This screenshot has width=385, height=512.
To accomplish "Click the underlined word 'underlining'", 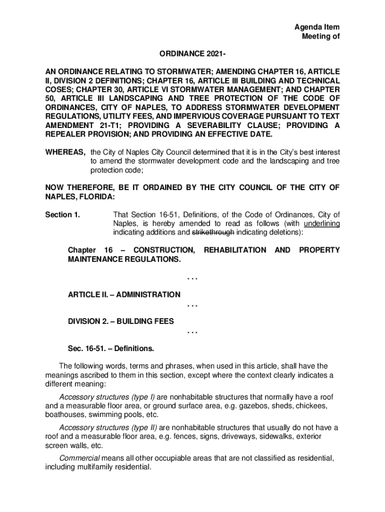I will [321, 224].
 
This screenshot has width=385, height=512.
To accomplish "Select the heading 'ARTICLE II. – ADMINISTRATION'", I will [124, 295].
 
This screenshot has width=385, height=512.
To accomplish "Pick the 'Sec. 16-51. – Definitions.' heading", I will [111, 347].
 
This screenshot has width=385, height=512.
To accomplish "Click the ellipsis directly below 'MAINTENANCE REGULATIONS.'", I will [192, 277].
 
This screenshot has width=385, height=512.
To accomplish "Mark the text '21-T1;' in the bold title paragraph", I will [111, 125].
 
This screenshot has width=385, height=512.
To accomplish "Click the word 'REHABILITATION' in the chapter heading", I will [235, 249].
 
